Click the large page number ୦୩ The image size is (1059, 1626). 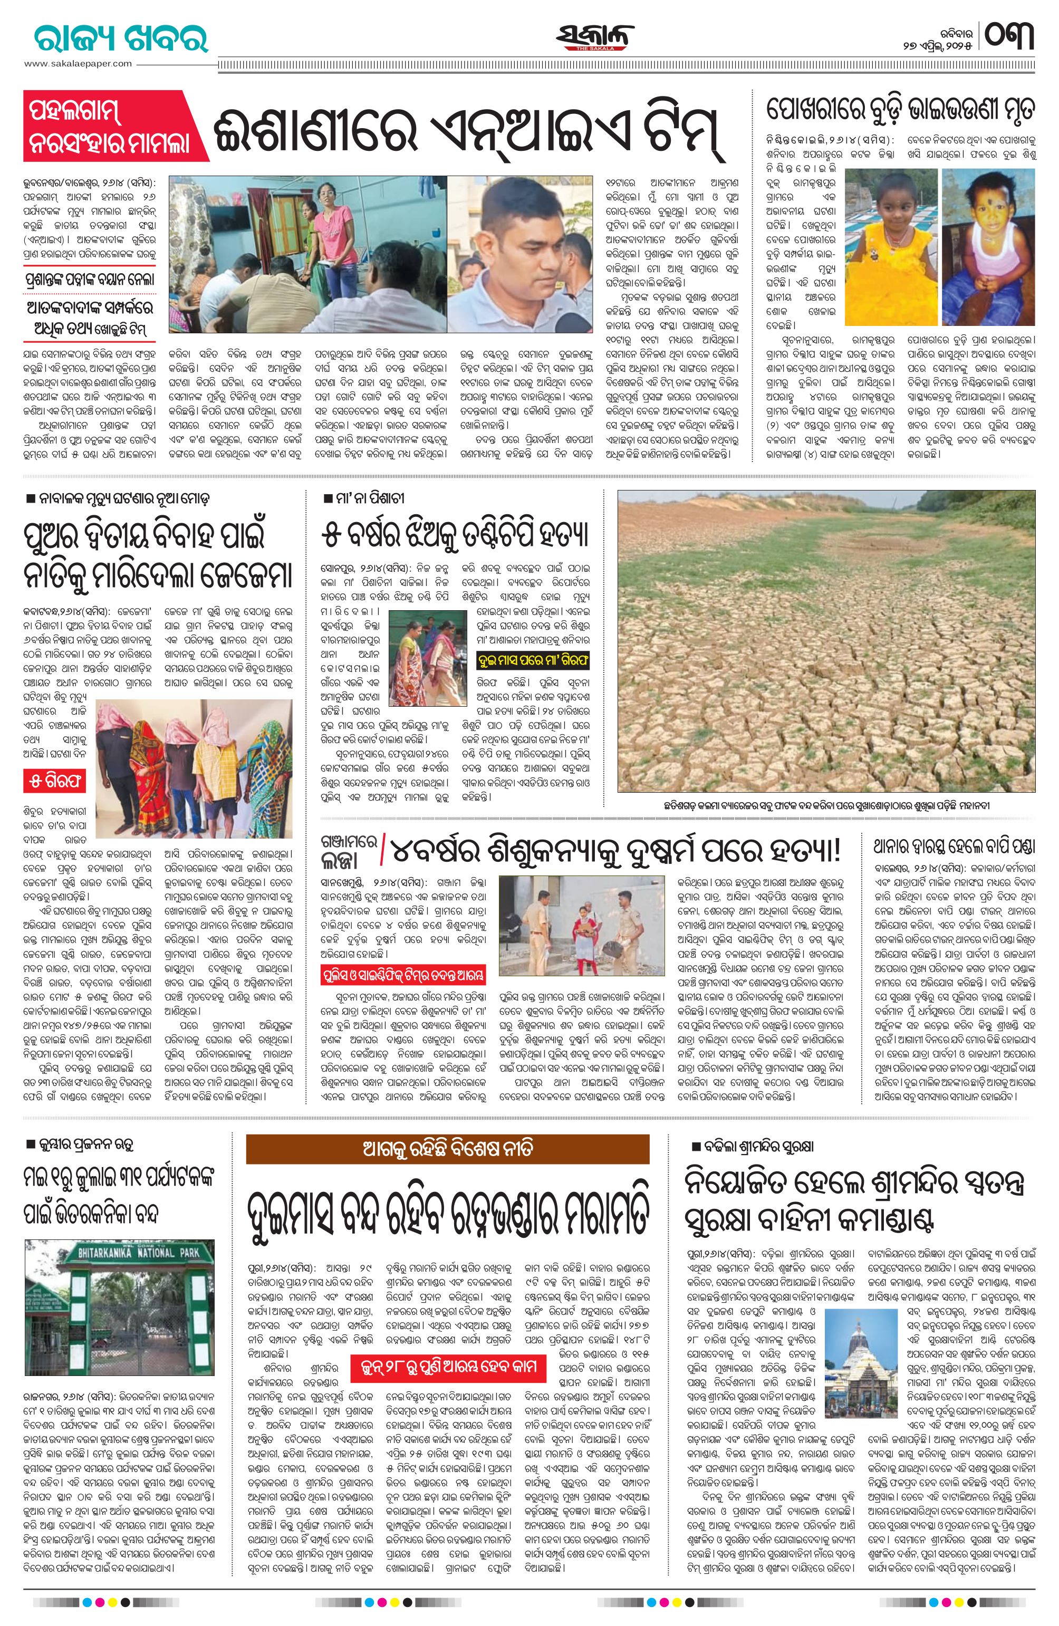[x=1008, y=35]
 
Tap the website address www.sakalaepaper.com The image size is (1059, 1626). [x=77, y=63]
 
